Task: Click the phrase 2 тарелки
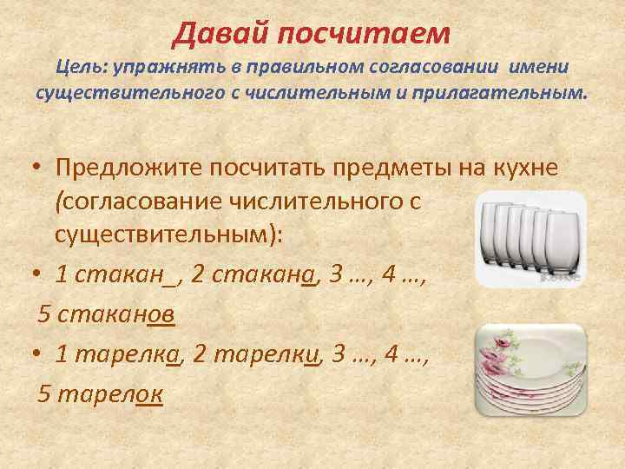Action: [265, 354]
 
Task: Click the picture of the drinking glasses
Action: [530, 237]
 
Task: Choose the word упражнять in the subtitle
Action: [165, 68]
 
